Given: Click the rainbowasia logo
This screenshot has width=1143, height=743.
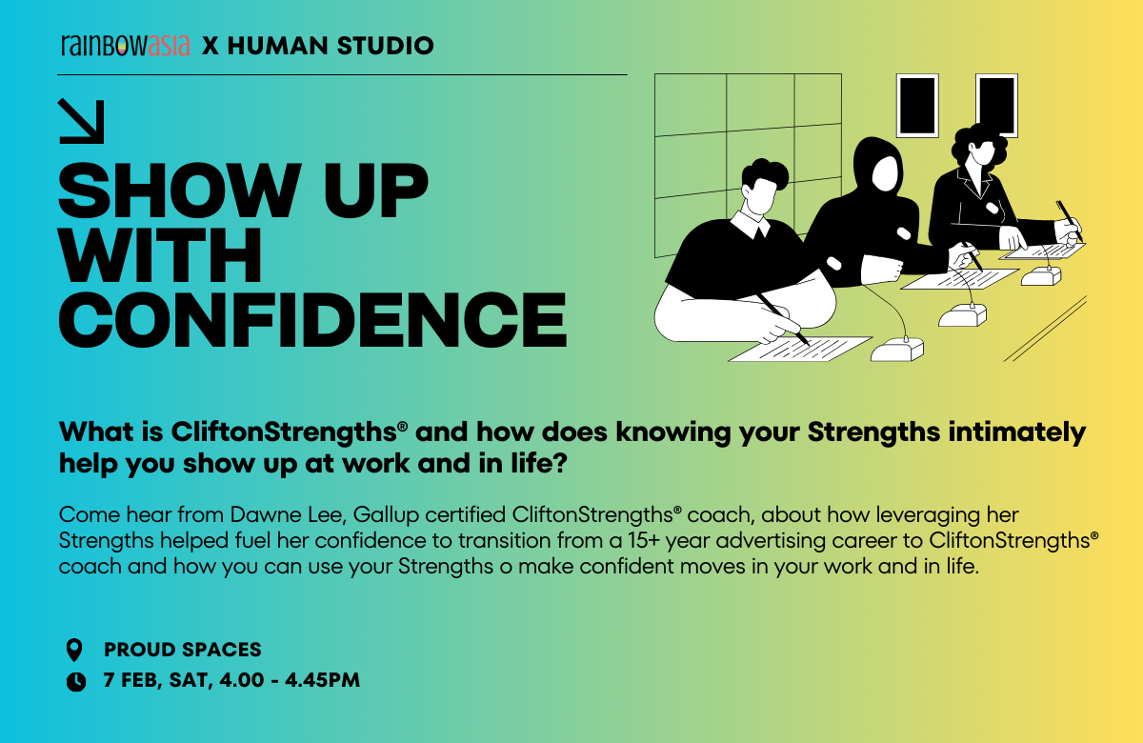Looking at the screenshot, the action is pyautogui.click(x=125, y=46).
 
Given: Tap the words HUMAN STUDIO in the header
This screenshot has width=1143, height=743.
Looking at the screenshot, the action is pyautogui.click(x=331, y=46).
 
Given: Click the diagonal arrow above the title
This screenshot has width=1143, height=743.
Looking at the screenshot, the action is pyautogui.click(x=82, y=122).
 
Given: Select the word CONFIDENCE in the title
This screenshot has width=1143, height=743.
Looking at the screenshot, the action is pyautogui.click(x=312, y=320).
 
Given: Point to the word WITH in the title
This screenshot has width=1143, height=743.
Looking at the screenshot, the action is pyautogui.click(x=160, y=255).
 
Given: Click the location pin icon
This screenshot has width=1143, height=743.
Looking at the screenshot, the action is pyautogui.click(x=74, y=650).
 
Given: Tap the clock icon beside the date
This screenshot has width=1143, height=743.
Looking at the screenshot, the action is pyautogui.click(x=76, y=682).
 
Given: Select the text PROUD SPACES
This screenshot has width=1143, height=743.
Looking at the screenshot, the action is pyautogui.click(x=183, y=650).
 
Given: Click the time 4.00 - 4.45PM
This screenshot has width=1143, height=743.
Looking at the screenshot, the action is pyautogui.click(x=290, y=680).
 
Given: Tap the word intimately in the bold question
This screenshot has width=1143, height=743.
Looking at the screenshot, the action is pyautogui.click(x=1017, y=432).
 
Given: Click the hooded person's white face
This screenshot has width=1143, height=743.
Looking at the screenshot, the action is pyautogui.click(x=884, y=173).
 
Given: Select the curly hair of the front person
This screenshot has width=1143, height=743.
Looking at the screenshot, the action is pyautogui.click(x=764, y=172).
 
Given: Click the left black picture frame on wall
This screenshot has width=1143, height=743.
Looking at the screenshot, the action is pyautogui.click(x=917, y=106).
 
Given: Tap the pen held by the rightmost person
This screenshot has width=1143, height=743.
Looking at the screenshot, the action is pyautogui.click(x=1069, y=220).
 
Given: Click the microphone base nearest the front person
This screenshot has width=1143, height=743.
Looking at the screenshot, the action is pyautogui.click(x=897, y=350).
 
